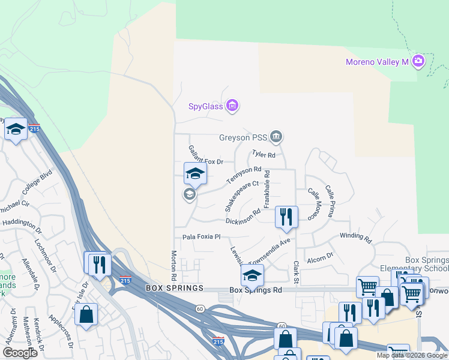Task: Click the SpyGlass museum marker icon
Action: [233, 107]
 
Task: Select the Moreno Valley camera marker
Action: [418, 61]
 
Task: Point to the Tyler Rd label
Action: [264, 155]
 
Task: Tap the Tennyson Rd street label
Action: [244, 175]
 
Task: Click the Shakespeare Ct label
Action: [240, 196]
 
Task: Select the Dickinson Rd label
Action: [243, 217]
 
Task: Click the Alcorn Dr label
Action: [320, 259]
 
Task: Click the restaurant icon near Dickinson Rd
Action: [286, 216]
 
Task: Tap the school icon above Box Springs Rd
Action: [253, 275]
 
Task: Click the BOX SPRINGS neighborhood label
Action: [171, 289]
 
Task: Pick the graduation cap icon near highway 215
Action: [16, 129]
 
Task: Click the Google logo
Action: [20, 353]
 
